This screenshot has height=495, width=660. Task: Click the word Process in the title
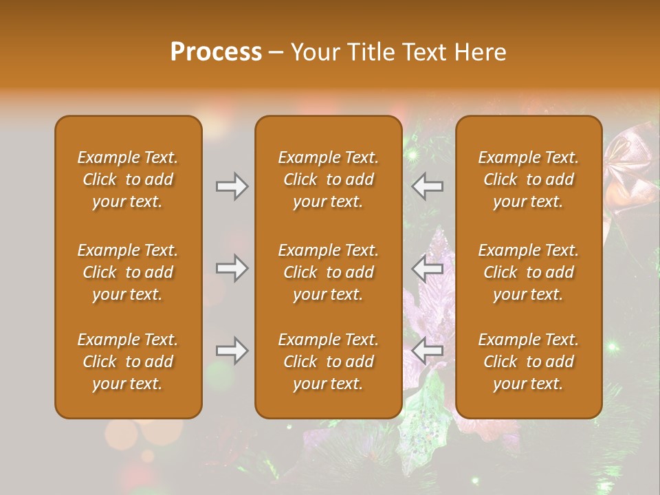coord(216,52)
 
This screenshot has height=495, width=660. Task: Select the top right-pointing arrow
coord(232,186)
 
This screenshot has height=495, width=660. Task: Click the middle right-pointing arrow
coord(232,268)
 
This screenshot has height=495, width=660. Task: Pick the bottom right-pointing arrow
coord(232,351)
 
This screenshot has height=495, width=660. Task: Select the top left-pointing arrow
coord(428,186)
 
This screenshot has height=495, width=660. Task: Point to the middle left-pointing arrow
coord(428,268)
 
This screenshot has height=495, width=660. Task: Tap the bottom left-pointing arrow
coord(428,351)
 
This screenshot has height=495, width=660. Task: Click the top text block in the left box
coord(128,179)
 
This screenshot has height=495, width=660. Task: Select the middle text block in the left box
coord(128,272)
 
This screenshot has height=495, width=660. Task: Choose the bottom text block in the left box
coord(128,362)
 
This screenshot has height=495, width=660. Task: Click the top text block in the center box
coord(328,179)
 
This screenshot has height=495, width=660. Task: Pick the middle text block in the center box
coord(328,272)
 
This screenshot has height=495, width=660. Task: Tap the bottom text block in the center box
coord(328,362)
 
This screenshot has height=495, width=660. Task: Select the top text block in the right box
coord(528,179)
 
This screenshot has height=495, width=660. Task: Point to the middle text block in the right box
coord(528,272)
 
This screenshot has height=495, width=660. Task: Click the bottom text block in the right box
coord(528,362)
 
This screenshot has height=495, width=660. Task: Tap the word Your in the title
coord(313,52)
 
